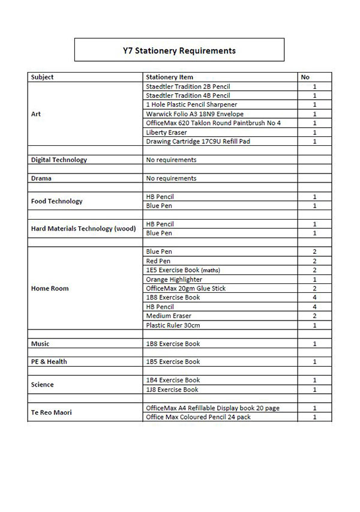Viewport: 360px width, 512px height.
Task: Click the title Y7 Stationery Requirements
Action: (x=179, y=50)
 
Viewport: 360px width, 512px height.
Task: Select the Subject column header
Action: (x=42, y=77)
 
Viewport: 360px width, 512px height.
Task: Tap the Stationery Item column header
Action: (x=169, y=77)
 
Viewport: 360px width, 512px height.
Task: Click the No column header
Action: (x=305, y=77)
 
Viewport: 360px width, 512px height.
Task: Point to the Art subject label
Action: (x=36, y=114)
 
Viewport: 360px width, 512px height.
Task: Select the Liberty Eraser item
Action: (x=166, y=132)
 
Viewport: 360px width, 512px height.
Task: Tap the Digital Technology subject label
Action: (x=59, y=160)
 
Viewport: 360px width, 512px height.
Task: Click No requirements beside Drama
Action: (x=171, y=178)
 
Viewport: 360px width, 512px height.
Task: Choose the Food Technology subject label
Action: (x=56, y=201)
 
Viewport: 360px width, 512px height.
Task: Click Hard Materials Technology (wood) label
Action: (x=83, y=229)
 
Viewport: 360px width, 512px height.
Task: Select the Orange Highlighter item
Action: (x=174, y=280)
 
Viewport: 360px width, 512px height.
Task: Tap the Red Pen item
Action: (x=158, y=261)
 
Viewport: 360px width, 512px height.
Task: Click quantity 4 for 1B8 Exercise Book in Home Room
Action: (x=314, y=298)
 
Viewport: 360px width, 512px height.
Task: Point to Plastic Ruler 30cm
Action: (x=173, y=325)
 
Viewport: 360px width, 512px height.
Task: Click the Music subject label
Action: (x=40, y=344)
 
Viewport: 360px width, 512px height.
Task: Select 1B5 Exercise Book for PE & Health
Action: (x=173, y=362)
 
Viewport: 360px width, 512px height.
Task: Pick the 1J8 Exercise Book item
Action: (x=172, y=390)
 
